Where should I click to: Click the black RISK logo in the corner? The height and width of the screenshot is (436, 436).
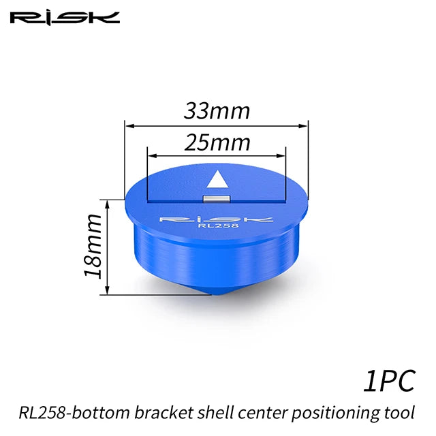point(65,18)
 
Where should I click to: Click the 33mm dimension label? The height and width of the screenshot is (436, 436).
point(217,111)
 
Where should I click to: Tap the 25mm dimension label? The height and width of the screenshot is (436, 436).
point(217,142)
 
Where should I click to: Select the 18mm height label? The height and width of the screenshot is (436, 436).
point(93,247)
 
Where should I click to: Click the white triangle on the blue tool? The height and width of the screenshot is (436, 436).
point(217,179)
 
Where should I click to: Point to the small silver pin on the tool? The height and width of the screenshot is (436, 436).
point(217,200)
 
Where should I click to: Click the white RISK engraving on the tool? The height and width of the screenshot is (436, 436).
point(217,219)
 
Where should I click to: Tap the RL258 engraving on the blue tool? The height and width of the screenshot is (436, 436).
point(218,225)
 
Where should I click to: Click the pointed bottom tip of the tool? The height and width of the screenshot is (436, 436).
point(212,294)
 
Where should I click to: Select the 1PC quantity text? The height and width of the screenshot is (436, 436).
point(389,381)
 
